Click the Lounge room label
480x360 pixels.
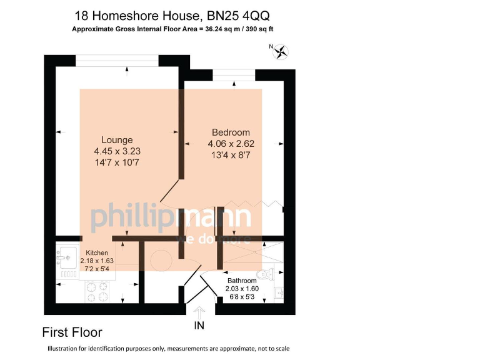(x=117, y=140)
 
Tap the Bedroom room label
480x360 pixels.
(x=231, y=132)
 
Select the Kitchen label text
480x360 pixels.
(x=97, y=252)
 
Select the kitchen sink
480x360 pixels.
(x=65, y=256)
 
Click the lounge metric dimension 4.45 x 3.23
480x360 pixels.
(x=117, y=151)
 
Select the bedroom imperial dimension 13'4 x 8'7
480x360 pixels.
(x=231, y=154)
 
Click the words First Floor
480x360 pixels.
(x=72, y=332)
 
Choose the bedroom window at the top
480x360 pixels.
(x=234, y=73)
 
